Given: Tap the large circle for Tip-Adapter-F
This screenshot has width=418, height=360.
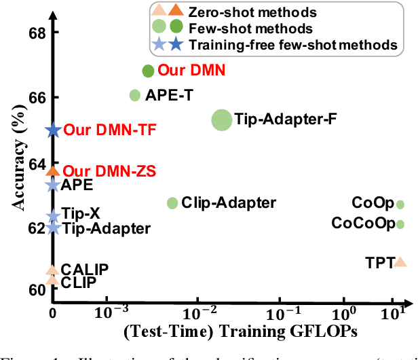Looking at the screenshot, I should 221,120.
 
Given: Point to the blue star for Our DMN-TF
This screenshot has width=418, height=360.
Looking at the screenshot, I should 53,130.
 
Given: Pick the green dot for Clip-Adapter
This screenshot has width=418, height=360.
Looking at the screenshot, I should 172,202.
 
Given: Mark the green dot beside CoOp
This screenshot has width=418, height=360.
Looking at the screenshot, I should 400,204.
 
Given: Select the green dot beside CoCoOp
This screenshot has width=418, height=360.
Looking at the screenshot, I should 400,224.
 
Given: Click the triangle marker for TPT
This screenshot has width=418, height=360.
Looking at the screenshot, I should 400,262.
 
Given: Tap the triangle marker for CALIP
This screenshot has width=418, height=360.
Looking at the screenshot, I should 52,270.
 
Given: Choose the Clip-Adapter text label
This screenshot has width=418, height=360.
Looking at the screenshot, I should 229,202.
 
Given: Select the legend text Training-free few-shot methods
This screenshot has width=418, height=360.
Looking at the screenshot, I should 292,44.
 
